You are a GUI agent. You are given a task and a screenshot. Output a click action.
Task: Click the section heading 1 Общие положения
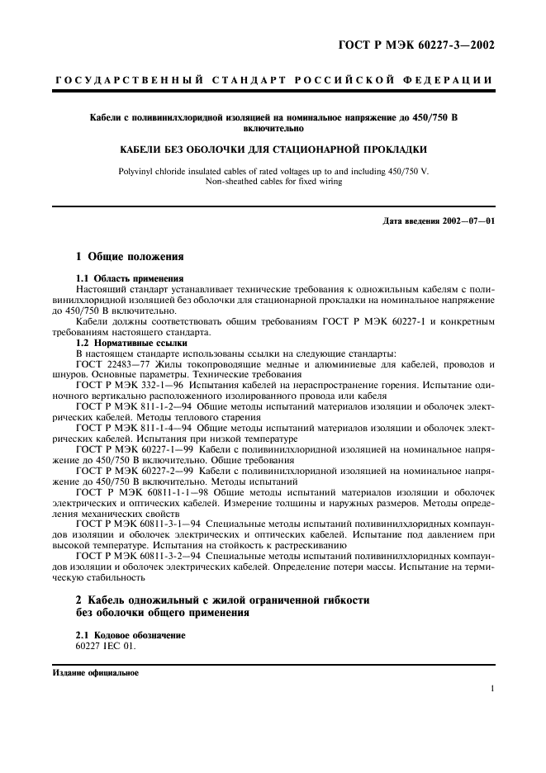[x=124, y=258]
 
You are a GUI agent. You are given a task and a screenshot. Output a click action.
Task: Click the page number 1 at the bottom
[x=492, y=689]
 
